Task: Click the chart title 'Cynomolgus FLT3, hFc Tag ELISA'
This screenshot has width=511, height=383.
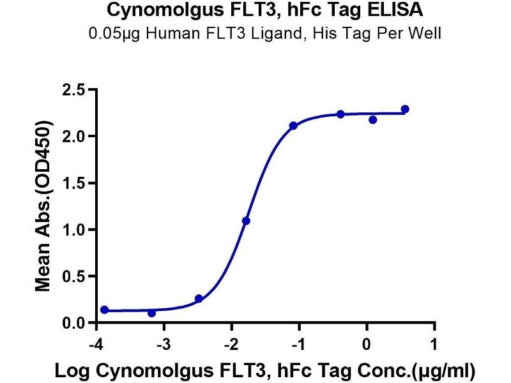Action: click(x=264, y=11)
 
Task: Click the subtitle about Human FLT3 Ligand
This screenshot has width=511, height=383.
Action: click(x=264, y=33)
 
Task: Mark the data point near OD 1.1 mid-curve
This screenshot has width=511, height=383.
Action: click(x=246, y=221)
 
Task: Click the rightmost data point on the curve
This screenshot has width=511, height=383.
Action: click(x=405, y=109)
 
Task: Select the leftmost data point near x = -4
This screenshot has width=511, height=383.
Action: click(x=105, y=310)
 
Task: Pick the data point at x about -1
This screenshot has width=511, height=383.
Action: click(x=293, y=126)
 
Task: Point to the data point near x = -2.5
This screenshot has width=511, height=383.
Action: click(x=199, y=299)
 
